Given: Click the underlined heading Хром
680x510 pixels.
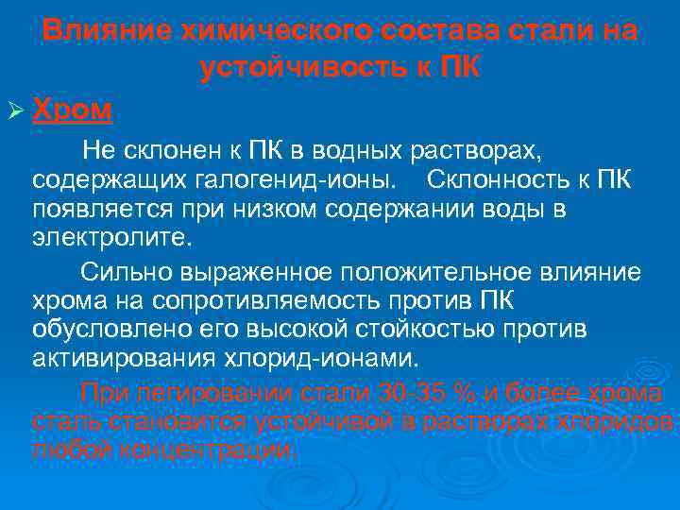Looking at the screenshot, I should click(x=73, y=110).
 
